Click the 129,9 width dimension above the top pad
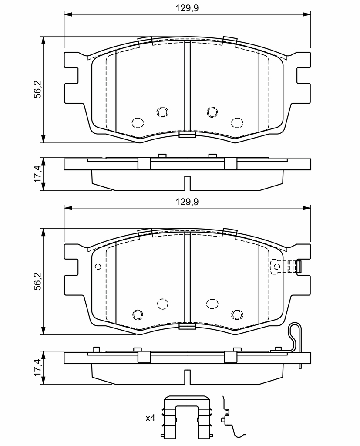[187, 8]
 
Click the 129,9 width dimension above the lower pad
[187, 202]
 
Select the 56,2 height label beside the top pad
[38, 89]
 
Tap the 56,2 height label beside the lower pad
[38, 281]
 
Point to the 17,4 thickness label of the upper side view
[38, 174]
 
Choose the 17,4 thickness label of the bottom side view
[38, 368]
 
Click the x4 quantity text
[150, 418]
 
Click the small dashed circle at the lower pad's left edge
[98, 267]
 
